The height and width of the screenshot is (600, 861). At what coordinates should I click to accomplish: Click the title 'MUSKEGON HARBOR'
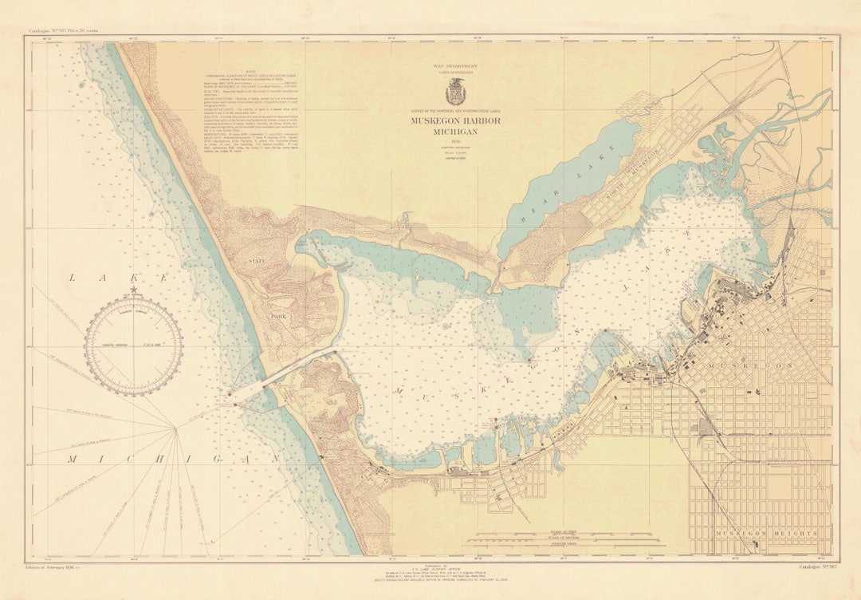[x=455, y=120]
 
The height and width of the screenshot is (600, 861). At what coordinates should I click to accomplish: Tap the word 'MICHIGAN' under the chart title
[x=455, y=132]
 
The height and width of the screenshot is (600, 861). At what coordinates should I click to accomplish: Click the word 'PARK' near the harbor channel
[x=278, y=317]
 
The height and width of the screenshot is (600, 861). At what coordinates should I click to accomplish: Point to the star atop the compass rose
[x=133, y=290]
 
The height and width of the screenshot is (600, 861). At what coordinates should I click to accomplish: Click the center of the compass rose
[x=133, y=345]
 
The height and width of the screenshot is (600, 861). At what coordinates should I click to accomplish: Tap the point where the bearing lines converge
[x=175, y=428]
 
